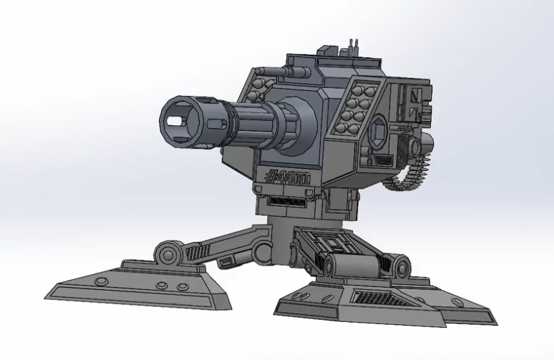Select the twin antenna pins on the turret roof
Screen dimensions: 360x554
(x=351, y=47)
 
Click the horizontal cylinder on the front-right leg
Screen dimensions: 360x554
(x=351, y=266)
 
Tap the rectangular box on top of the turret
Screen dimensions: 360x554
(x=326, y=51)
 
